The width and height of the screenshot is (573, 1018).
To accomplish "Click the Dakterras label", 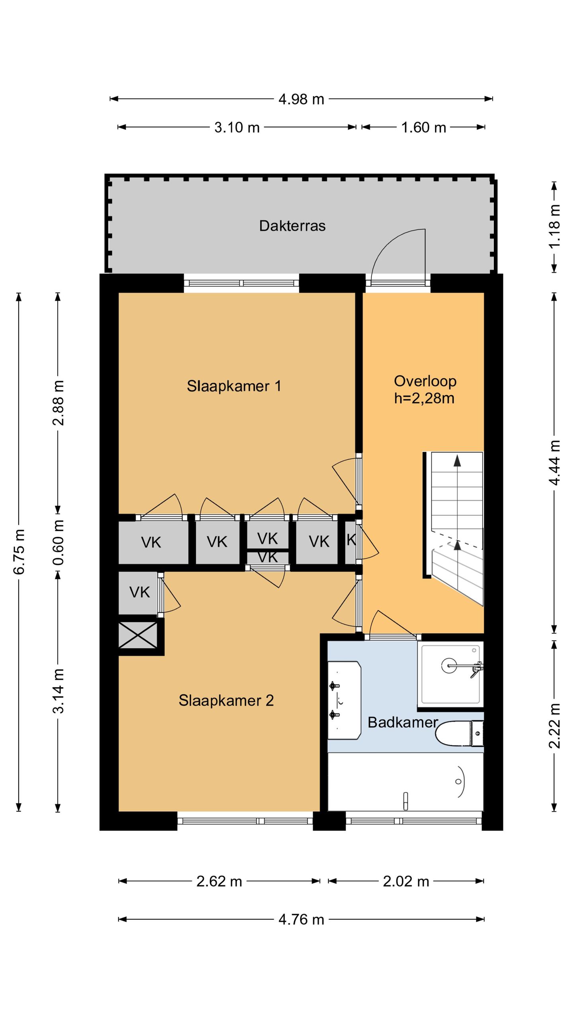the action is tap(292, 226).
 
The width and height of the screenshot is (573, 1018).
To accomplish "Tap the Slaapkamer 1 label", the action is tap(234, 386).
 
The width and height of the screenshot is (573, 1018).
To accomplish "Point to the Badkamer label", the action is tap(403, 722).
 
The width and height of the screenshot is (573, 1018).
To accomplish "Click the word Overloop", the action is tap(425, 381).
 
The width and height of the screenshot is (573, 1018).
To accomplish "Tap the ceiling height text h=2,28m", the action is tap(424, 398).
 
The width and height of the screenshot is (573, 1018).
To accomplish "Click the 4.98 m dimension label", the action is tap(301, 99).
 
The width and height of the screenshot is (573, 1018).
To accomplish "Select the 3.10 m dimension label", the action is tap(237, 127).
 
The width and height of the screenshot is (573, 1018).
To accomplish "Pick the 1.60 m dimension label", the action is tap(423, 127).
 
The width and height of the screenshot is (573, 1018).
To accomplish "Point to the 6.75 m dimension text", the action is tap(19, 552).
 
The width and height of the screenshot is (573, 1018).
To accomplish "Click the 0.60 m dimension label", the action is tap(58, 542).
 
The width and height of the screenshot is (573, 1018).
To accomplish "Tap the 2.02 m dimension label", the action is tap(406, 881).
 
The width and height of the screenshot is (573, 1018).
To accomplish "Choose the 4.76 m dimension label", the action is tap(301, 919).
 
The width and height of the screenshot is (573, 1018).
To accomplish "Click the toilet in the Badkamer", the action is tap(459, 733).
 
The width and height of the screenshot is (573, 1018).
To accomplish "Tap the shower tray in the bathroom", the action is tap(450, 674).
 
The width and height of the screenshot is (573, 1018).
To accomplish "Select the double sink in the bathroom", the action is tap(344, 700).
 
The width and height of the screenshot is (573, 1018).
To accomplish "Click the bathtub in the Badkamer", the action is tap(405, 782).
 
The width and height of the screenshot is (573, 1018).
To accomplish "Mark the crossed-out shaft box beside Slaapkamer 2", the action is tap(138, 635).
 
